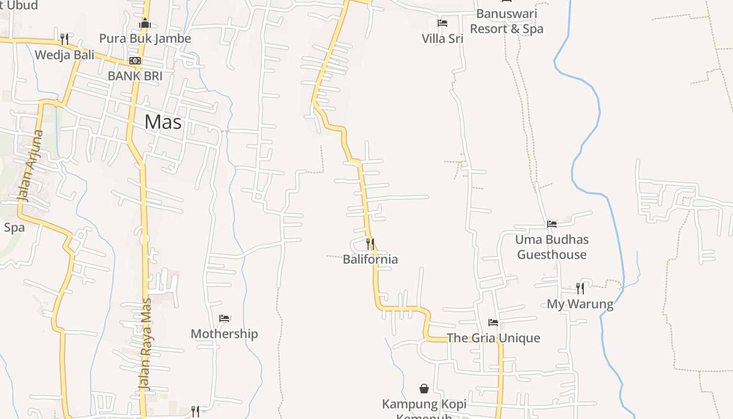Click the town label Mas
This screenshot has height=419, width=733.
click(163, 122)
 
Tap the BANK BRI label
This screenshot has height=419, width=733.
click(135, 76)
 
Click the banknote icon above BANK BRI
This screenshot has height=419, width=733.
click(135, 61)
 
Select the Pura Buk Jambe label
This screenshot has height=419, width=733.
click(145, 39)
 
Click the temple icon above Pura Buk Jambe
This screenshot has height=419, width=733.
click(145, 24)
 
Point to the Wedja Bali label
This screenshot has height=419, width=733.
click(64, 55)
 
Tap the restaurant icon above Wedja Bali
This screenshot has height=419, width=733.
click(64, 39)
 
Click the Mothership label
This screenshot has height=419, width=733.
click(224, 334)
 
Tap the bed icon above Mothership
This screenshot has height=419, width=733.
click(224, 318)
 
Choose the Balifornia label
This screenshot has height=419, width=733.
click(370, 259)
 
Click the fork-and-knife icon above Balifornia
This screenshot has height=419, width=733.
click(370, 244)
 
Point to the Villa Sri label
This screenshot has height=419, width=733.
click(442, 39)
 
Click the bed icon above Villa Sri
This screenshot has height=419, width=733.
click(442, 23)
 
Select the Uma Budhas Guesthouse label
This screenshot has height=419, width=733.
click(552, 247)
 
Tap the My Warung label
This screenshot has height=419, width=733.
click(580, 304)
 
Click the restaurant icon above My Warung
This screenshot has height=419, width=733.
click(580, 288)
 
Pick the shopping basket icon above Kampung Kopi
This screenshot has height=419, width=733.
click(424, 389)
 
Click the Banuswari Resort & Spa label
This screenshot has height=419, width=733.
click(506, 21)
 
